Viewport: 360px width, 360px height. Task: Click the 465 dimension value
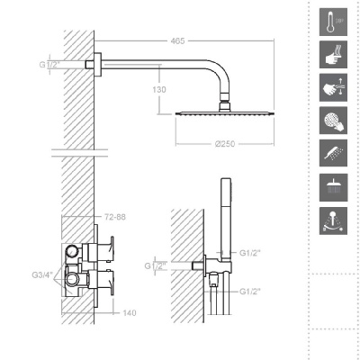tap(177, 40)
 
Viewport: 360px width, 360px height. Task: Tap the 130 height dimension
tap(159, 89)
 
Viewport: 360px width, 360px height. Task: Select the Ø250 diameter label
tap(225, 144)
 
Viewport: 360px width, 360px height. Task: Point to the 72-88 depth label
tap(115, 217)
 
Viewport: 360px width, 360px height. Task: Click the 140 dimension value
tap(130, 313)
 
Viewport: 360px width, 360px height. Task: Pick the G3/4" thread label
tap(42, 274)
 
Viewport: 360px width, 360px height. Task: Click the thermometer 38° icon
tap(333, 22)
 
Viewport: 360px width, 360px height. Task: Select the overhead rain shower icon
tap(333, 187)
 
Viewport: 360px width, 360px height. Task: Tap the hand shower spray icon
tap(333, 153)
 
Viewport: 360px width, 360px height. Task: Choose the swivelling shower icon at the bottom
tap(333, 220)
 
